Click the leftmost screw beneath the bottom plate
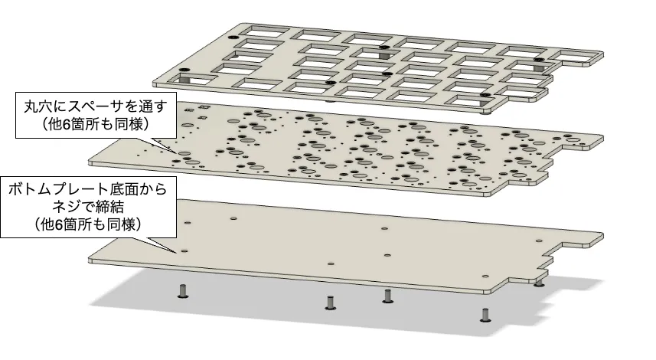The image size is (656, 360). pos(182,291)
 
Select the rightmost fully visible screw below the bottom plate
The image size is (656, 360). pos(485,315)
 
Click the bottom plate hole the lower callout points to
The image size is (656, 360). pos(184,251)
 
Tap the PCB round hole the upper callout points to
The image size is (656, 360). pos(183,154)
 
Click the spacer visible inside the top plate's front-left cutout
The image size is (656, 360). pos(185,78)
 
